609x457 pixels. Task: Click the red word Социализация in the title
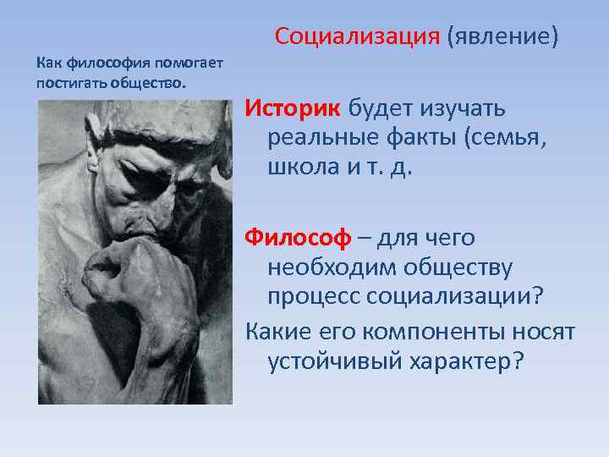[357, 37]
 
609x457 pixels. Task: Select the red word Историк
[292, 108]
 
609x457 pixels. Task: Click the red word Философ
[297, 239]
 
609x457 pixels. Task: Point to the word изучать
[462, 108]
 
